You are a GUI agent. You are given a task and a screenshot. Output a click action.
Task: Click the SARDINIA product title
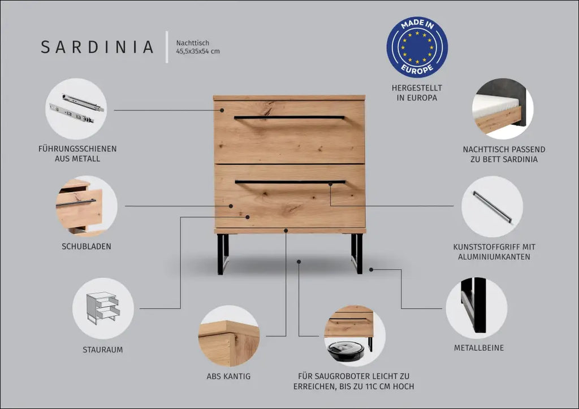(97, 47)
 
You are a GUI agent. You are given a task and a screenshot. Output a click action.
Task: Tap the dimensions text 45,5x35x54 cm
(198, 51)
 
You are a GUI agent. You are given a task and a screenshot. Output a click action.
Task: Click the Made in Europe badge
(417, 47)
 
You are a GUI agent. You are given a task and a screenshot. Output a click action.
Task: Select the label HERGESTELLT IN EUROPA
(417, 93)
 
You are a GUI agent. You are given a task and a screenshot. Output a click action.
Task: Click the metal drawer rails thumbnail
(76, 108)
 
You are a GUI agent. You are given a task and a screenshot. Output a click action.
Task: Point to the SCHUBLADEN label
(87, 246)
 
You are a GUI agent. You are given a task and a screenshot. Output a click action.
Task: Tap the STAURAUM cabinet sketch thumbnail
(103, 308)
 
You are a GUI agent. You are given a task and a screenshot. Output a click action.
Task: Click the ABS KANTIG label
(228, 377)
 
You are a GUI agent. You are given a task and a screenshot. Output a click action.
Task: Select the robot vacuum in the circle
(345, 350)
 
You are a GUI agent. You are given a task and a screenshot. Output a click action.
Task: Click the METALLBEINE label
(479, 348)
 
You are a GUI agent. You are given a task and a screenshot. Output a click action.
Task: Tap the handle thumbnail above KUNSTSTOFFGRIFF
(492, 207)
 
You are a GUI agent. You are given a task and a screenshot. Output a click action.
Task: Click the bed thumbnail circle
(503, 108)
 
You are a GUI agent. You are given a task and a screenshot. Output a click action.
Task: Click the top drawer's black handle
(289, 118)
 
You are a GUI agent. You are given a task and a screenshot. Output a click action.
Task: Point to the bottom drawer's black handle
(290, 182)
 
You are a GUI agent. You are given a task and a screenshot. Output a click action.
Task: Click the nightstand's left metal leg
(223, 254)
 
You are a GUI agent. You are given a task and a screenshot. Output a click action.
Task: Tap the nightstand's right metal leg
(357, 254)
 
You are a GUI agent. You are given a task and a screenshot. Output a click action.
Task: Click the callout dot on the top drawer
(222, 110)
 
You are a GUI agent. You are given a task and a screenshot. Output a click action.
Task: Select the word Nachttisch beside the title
(193, 43)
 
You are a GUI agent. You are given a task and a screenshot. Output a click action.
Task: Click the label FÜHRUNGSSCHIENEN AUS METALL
(77, 154)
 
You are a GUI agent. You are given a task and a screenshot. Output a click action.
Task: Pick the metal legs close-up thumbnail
(476, 308)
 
